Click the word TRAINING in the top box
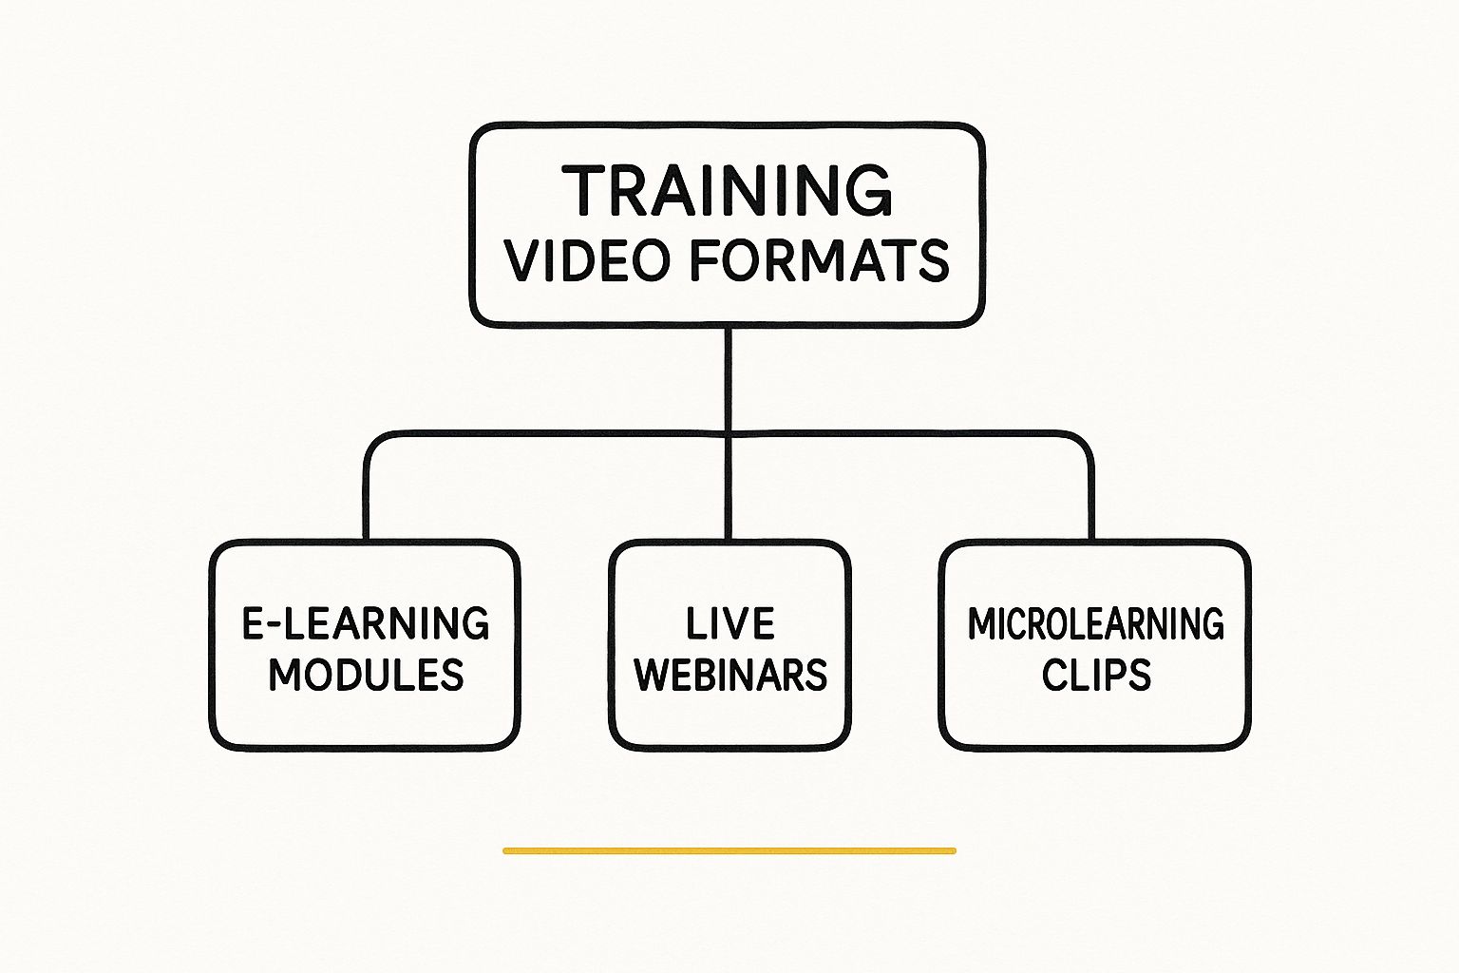coord(728,190)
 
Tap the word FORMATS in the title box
coord(820,260)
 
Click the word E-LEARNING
coord(366,623)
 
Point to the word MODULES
coord(366,675)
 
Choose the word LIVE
coord(730,623)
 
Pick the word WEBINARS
coord(730,675)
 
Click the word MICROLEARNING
coord(1095,623)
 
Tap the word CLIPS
coord(1095,675)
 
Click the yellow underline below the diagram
coord(729,850)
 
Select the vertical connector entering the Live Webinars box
coord(729,494)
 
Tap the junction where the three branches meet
coord(729,435)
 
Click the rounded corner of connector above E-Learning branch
coord(373,443)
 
